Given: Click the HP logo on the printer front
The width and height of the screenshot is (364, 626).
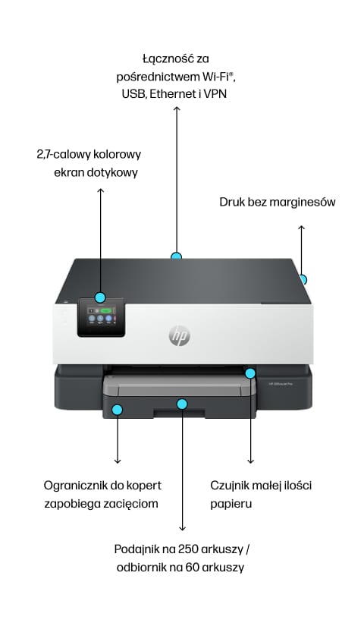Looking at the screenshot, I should click(x=180, y=335).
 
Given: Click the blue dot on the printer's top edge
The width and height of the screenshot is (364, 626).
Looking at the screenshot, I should click(x=177, y=257).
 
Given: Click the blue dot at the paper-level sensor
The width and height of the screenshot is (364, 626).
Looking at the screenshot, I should click(x=250, y=373).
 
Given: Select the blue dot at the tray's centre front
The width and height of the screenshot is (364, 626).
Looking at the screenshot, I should click(x=182, y=404).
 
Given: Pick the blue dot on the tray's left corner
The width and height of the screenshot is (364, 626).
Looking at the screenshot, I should click(x=118, y=411).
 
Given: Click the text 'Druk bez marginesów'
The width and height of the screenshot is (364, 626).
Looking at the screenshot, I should click(x=277, y=202).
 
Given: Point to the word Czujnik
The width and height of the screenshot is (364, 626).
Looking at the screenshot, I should click(x=230, y=485).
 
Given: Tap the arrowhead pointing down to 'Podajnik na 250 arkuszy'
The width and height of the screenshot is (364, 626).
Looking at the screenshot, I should click(x=182, y=528).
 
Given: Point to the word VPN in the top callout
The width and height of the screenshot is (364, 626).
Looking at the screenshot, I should click(x=215, y=94).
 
